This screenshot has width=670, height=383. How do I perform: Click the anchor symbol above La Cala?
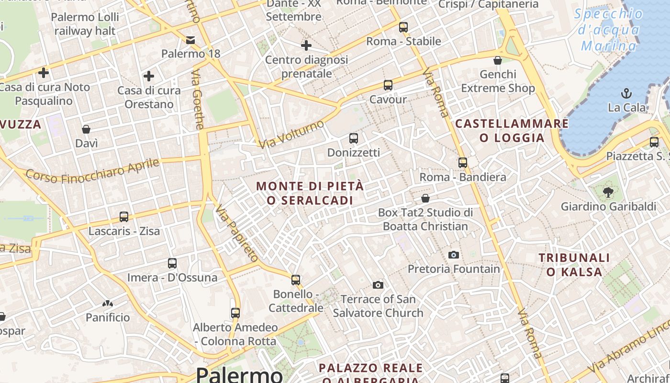pos(626,93)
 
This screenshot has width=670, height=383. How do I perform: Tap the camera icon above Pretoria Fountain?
pos(454,255)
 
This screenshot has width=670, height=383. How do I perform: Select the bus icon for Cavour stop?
pos(388,85)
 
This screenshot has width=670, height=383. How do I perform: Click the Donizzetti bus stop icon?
pos(353,138)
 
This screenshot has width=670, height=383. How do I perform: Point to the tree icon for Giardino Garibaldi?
pos(608,192)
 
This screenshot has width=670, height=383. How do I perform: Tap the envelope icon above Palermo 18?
pos(190,40)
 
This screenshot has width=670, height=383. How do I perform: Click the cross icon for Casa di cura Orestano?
pos(149,76)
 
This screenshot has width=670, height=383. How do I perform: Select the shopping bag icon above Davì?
pos(86,129)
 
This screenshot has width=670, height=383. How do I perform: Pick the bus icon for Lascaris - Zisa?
pos(124,217)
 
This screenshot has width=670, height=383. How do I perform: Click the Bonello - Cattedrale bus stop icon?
pos(296,280)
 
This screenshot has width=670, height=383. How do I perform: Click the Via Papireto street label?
pos(237,233)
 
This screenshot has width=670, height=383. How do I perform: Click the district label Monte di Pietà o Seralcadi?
pos(310,193)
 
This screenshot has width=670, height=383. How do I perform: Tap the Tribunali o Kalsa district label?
pos(574,265)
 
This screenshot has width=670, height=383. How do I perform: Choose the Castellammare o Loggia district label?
pos(512,131)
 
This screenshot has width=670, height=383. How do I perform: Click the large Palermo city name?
pos(239,374)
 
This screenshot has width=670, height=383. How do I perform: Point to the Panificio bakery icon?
pos(107,303)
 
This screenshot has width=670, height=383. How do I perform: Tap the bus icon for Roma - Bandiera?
pos(462,162)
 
